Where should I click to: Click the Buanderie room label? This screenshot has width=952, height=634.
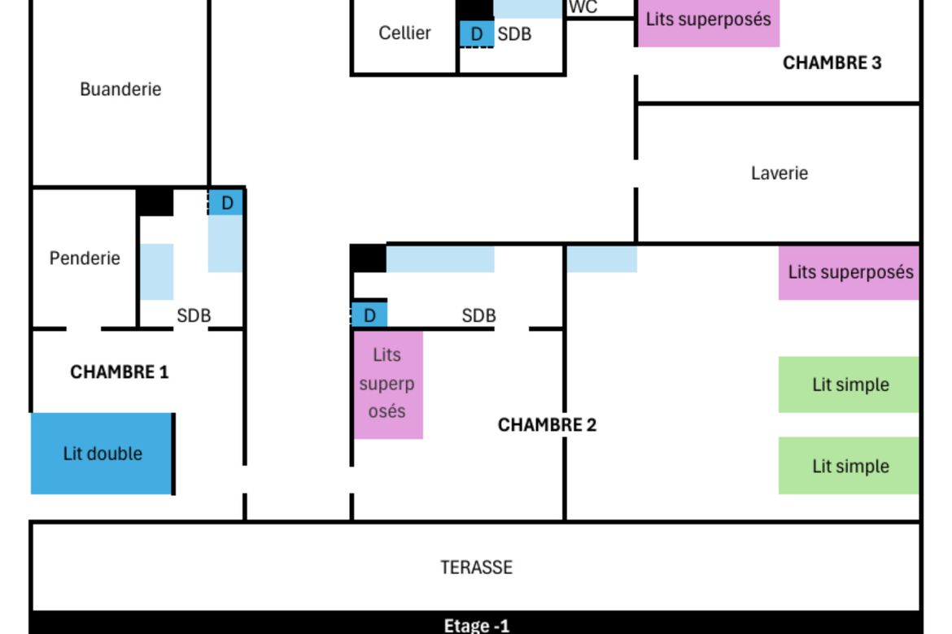(120, 89)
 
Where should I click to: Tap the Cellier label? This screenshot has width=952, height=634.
(404, 33)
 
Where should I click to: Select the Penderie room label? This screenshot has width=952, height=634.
(85, 258)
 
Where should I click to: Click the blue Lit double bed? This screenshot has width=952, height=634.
(102, 454)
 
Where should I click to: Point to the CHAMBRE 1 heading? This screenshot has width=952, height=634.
(119, 371)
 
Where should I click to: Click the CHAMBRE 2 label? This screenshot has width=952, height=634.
(547, 424)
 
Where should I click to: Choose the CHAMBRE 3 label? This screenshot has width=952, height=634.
(832, 63)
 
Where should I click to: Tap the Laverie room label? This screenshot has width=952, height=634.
(779, 173)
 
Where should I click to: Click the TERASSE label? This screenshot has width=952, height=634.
(476, 567)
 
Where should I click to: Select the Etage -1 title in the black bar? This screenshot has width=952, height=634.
(476, 625)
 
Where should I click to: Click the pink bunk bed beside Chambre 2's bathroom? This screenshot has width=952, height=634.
(388, 384)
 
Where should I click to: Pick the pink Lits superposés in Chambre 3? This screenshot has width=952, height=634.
(709, 23)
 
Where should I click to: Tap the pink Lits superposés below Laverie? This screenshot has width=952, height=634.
(849, 272)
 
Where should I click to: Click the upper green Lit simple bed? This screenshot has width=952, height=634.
(849, 384)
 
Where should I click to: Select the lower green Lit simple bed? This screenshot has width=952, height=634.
(849, 465)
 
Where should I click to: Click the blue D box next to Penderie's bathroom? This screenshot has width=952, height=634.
(226, 202)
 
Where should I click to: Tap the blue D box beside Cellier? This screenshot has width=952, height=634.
(477, 34)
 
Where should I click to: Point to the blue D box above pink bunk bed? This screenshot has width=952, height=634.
(369, 315)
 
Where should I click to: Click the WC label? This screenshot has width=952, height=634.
(583, 7)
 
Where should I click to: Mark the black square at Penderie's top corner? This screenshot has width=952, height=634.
(155, 202)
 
